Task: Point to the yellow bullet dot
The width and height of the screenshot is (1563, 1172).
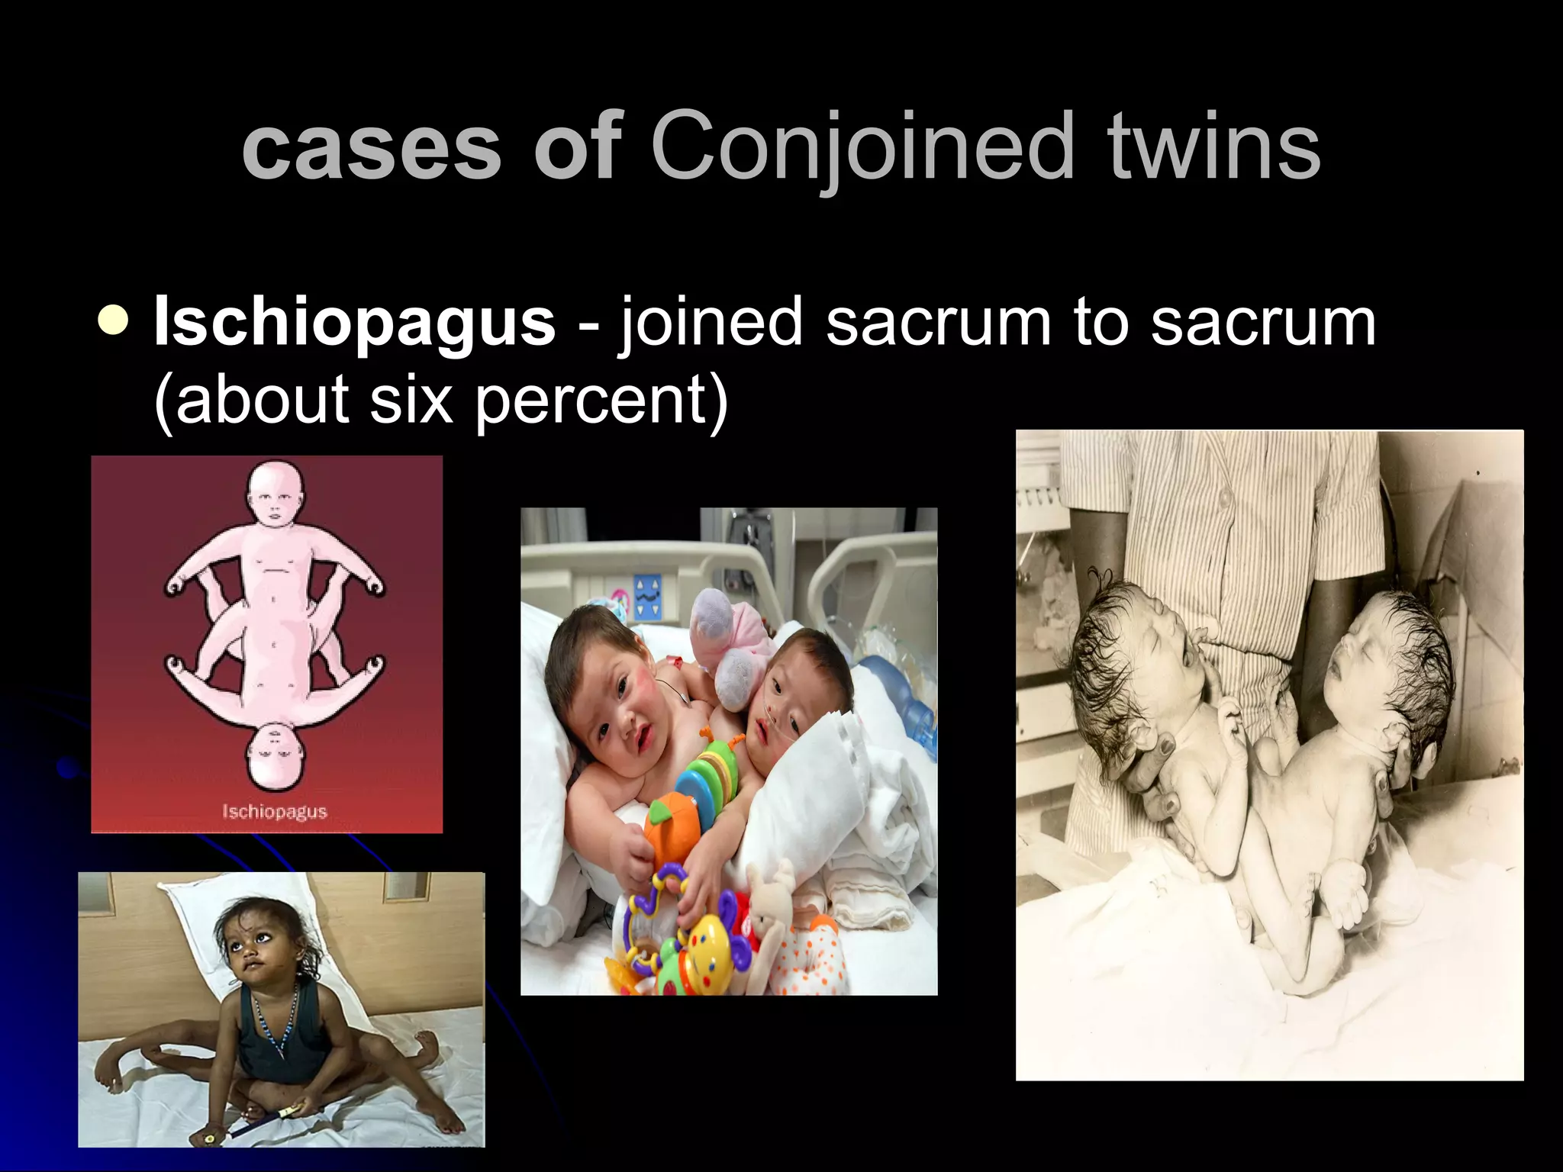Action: (x=114, y=320)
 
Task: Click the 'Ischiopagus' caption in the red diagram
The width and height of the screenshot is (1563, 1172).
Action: (x=274, y=810)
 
